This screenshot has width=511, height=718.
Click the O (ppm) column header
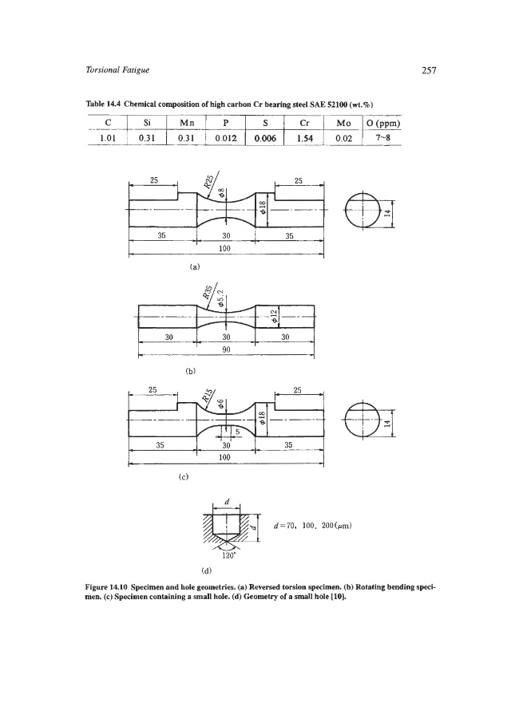[x=381, y=124]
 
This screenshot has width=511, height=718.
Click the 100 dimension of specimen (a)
[x=224, y=248]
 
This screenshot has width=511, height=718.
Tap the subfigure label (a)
[x=193, y=265]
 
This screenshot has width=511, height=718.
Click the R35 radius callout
[x=210, y=299]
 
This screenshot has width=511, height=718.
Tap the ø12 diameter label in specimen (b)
[x=272, y=317]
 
